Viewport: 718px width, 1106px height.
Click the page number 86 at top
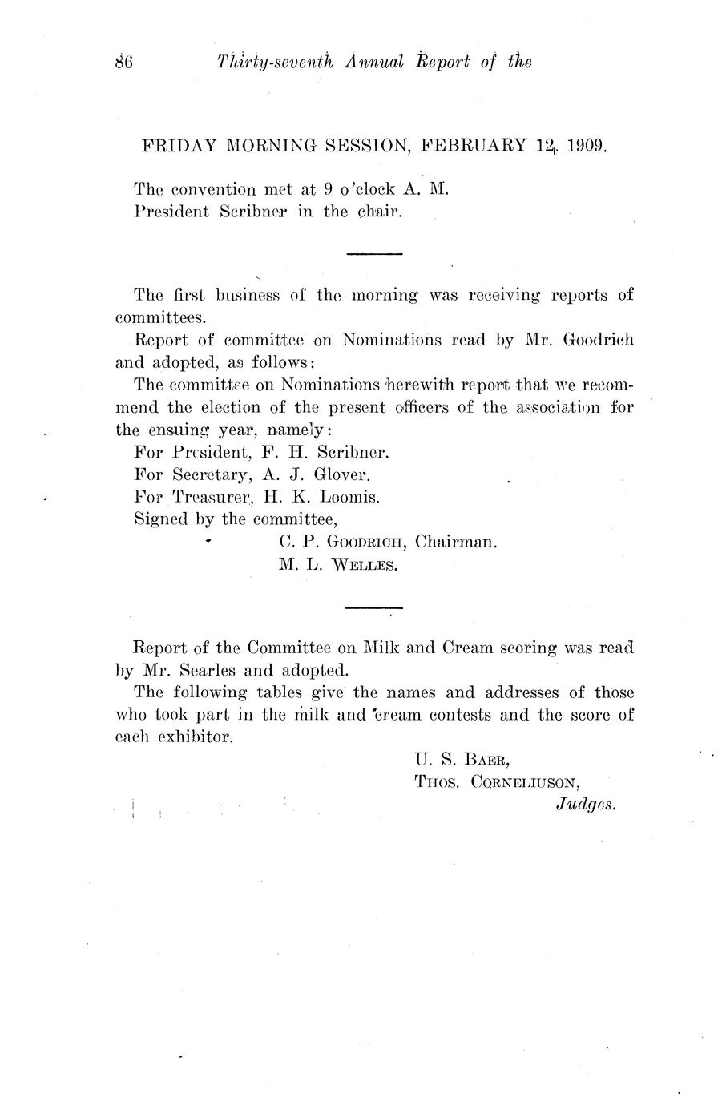pos(123,61)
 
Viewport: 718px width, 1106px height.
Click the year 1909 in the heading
pos(587,146)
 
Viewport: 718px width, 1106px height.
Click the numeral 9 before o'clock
pos(328,190)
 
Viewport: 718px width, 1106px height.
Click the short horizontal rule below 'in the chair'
pos(373,254)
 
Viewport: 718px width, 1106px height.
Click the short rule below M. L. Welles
pos(373,608)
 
